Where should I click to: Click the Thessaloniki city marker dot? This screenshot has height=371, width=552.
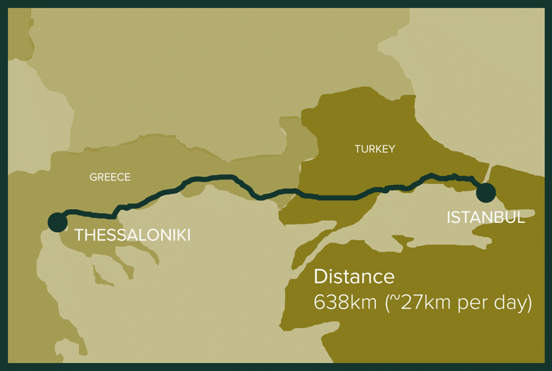(57, 222)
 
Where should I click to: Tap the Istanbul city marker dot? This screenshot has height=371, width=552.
(486, 193)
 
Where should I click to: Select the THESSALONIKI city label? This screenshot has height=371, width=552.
(132, 235)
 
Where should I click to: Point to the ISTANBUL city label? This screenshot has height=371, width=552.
(486, 218)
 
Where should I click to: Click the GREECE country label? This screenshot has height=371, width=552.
(110, 178)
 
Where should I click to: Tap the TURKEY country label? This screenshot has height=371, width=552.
(375, 149)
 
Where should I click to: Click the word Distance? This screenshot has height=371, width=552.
(354, 277)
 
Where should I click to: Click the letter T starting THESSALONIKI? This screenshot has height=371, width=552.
(80, 235)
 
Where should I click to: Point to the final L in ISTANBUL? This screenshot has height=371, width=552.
(520, 218)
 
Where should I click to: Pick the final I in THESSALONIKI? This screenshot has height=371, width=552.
(188, 235)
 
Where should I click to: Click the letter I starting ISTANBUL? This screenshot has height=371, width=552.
(449, 218)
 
